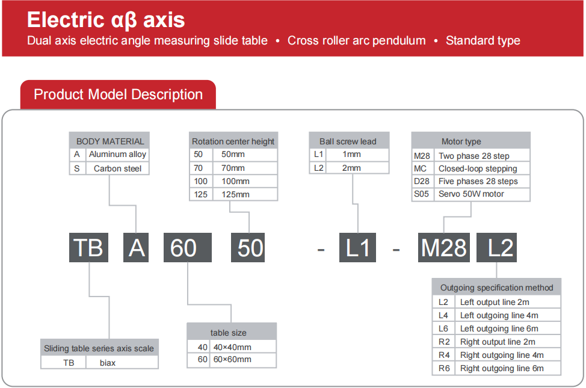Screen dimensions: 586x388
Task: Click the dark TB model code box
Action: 88,247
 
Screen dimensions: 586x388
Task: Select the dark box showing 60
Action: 188,247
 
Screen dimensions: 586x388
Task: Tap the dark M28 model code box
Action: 444,247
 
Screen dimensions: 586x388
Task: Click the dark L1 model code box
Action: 357,247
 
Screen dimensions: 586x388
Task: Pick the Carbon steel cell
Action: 118,168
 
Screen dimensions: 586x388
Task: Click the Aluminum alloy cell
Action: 118,155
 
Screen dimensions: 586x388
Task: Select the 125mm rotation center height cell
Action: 245,194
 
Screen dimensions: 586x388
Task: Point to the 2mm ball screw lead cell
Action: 357,168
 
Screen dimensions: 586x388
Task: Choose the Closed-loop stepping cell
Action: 482,168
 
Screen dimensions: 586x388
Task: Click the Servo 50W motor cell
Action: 482,194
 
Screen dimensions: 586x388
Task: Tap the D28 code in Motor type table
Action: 422,181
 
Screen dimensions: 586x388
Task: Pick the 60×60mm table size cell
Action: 243,360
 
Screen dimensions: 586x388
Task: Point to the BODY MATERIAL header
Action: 109,141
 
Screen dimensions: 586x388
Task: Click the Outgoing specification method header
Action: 496,287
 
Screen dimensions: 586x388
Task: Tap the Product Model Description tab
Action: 118,94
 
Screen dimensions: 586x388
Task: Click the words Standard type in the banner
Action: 483,40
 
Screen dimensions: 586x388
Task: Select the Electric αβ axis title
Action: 106,20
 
